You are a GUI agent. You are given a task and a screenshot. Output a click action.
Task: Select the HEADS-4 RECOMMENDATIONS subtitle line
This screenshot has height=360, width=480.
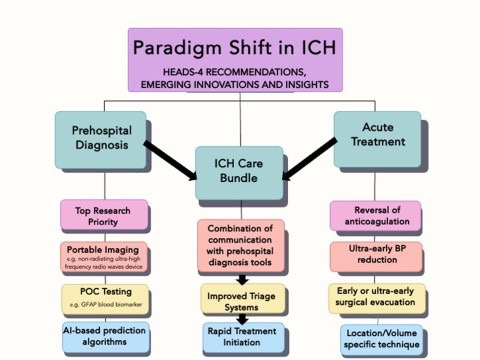[234, 72]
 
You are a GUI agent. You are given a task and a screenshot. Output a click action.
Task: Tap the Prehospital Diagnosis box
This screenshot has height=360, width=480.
[100, 140]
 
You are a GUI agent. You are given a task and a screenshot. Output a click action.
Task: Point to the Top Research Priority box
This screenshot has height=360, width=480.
[104, 213]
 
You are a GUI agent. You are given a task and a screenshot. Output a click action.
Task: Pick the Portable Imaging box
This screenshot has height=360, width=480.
[104, 255]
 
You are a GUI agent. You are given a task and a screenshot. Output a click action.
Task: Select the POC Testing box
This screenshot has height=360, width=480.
[104, 296]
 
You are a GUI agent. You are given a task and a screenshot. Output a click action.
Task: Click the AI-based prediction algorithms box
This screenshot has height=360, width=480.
[104, 334]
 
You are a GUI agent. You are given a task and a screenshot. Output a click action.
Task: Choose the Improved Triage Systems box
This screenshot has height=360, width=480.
[240, 297]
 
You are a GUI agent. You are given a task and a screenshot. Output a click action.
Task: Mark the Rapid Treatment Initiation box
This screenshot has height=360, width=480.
[240, 335]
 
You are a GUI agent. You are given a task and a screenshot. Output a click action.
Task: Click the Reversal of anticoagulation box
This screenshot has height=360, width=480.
[375, 214]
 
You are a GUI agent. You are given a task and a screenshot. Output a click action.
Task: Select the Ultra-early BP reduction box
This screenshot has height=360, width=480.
[375, 254]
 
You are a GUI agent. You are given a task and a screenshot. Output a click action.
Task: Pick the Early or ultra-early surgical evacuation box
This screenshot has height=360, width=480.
[375, 296]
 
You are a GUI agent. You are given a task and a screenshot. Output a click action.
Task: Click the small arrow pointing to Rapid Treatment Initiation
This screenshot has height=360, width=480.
[240, 317]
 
